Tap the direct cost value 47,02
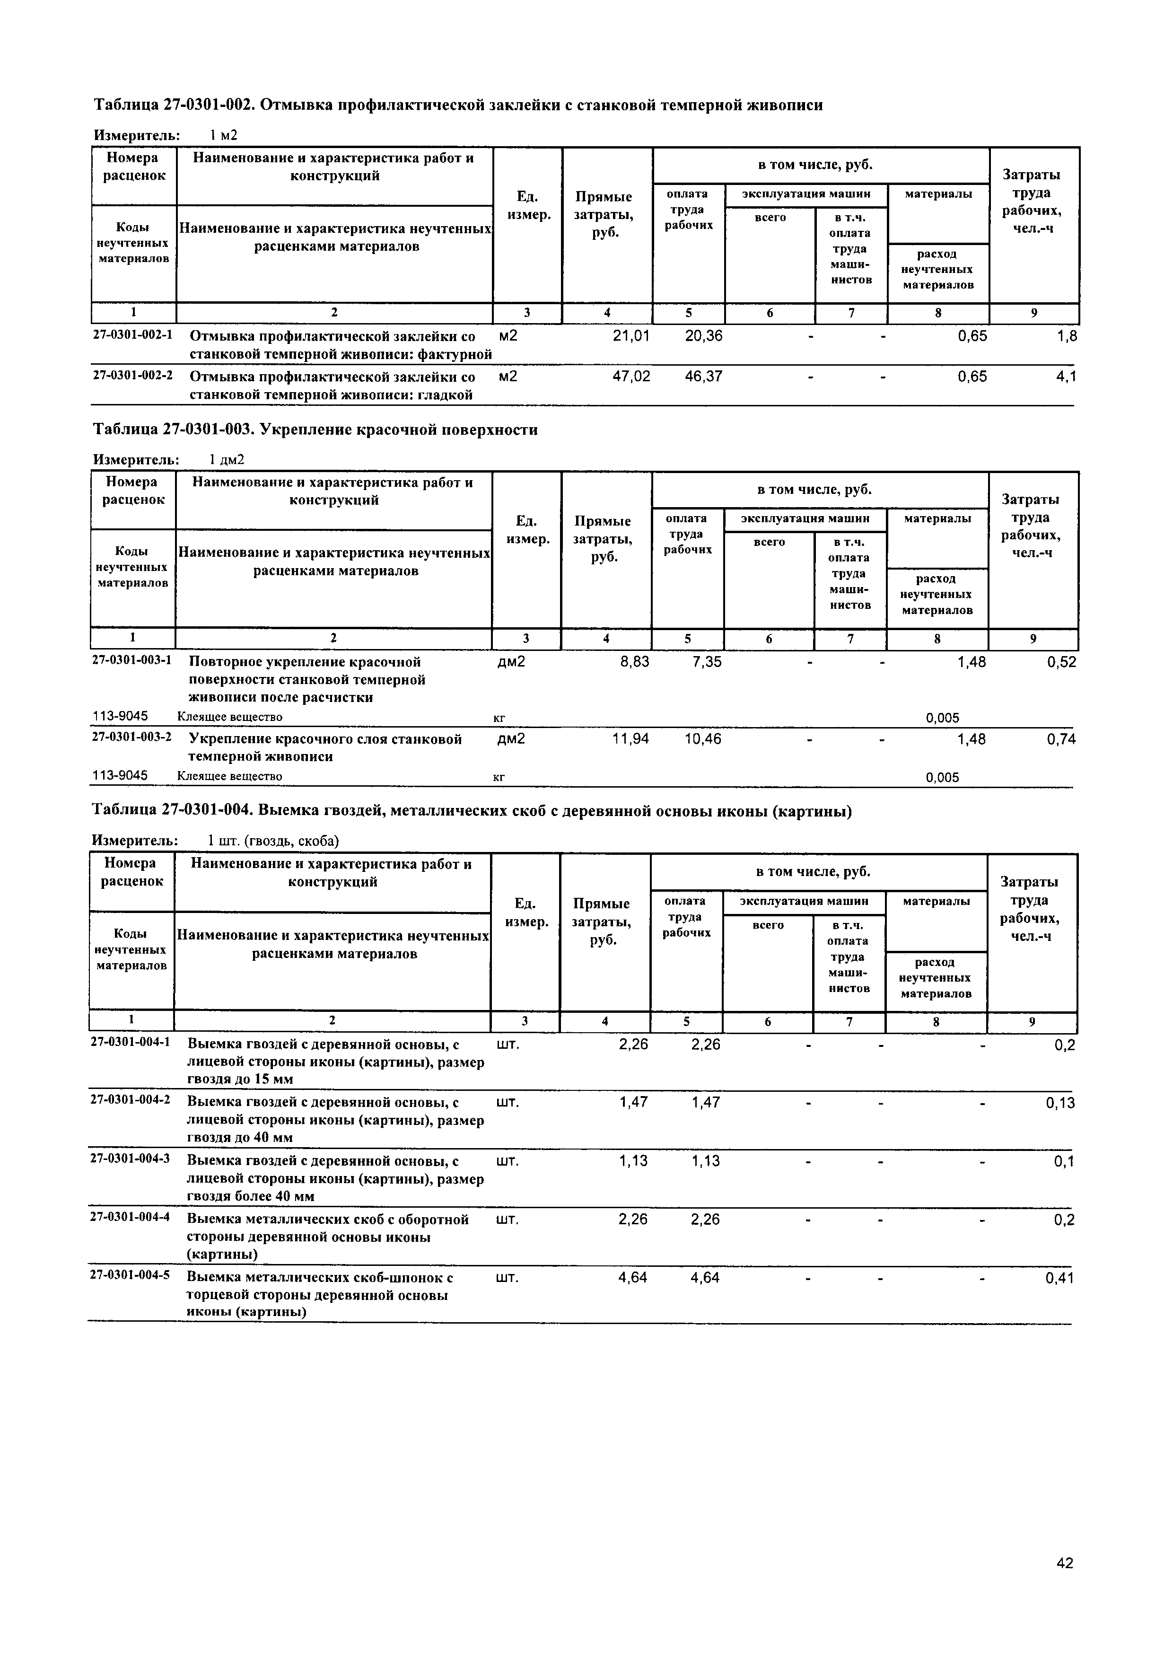point(630,377)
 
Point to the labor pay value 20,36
point(703,336)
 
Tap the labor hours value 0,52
point(1061,662)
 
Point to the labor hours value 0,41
point(1059,1278)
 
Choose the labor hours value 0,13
point(1059,1103)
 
